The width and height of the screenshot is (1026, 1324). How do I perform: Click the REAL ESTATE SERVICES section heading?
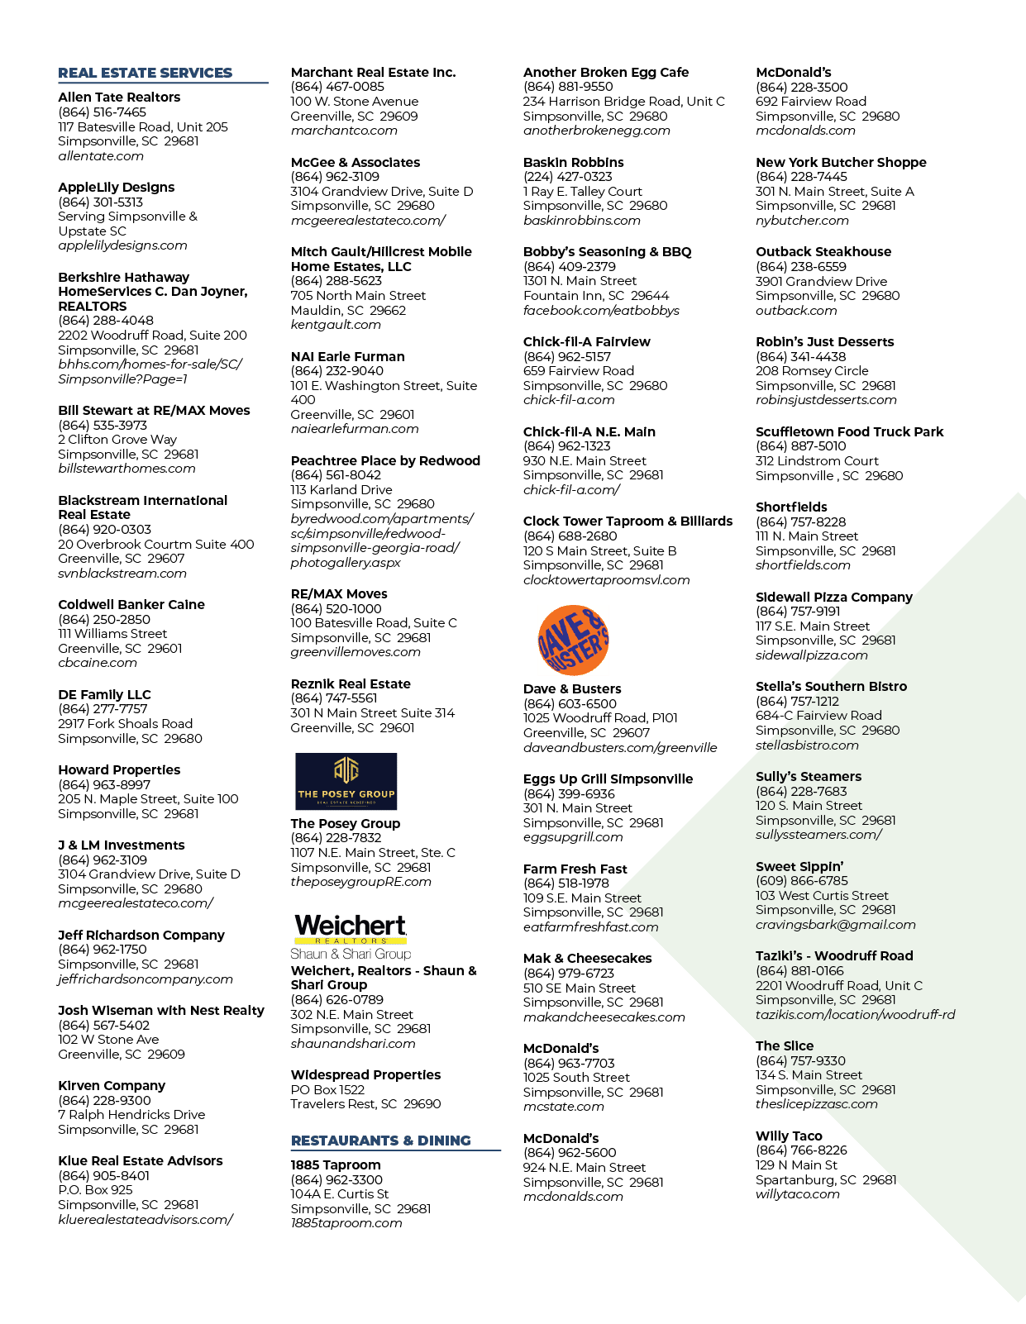pyautogui.click(x=145, y=73)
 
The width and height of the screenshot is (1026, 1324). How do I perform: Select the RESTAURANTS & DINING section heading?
pyautogui.click(x=381, y=1140)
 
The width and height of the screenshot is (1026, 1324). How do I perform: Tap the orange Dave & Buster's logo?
pyautogui.click(x=573, y=640)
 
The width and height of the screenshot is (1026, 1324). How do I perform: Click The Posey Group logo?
pyautogui.click(x=346, y=781)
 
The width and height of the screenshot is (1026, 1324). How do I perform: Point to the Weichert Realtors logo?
pyautogui.click(x=351, y=936)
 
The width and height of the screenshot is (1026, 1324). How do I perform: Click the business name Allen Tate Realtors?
pyautogui.click(x=119, y=97)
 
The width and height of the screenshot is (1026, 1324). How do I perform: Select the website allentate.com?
pyautogui.click(x=101, y=156)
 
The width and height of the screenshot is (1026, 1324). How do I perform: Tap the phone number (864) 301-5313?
pyautogui.click(x=101, y=202)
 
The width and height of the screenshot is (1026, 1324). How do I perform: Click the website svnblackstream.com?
pyautogui.click(x=122, y=574)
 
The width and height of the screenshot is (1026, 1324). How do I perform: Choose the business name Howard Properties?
pyautogui.click(x=119, y=769)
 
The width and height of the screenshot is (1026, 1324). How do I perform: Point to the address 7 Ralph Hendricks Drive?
pyautogui.click(x=131, y=1114)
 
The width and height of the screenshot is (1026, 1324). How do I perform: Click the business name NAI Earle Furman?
pyautogui.click(x=348, y=356)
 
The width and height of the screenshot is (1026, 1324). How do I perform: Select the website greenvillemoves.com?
pyautogui.click(x=356, y=652)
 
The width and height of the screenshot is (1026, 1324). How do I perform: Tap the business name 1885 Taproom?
pyautogui.click(x=336, y=1164)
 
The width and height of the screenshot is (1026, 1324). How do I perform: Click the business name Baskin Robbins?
pyautogui.click(x=573, y=162)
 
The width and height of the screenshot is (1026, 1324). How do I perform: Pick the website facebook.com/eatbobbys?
pyautogui.click(x=601, y=310)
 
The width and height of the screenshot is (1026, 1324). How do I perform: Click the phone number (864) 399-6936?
pyautogui.click(x=569, y=793)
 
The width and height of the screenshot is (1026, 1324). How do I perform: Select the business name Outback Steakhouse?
pyautogui.click(x=823, y=251)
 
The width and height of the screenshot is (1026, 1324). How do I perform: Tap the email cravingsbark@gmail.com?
pyautogui.click(x=836, y=924)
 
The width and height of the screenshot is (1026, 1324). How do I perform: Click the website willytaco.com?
pyautogui.click(x=798, y=1193)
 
